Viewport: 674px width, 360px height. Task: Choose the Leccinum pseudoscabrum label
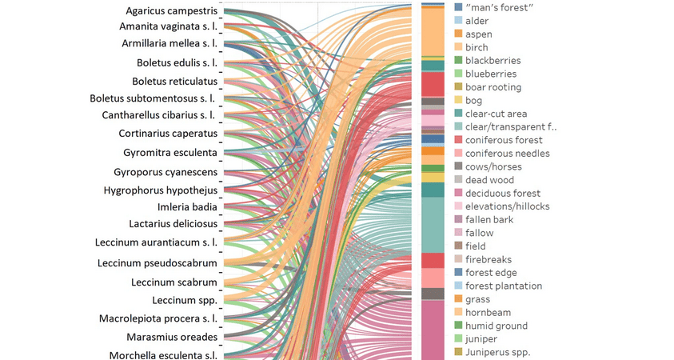158,262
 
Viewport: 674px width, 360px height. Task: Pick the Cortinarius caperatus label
168,133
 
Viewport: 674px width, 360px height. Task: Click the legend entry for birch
477,47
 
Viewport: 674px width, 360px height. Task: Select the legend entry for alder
477,21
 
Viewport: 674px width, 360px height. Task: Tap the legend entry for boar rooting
493,86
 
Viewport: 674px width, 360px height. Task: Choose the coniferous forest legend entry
504,140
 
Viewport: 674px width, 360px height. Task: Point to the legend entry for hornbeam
488,312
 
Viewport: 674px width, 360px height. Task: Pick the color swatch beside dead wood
458,180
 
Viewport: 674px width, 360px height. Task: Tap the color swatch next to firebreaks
458,259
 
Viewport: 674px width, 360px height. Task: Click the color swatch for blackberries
458,60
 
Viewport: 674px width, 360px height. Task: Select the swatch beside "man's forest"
458,7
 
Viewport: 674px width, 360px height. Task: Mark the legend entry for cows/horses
493,166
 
